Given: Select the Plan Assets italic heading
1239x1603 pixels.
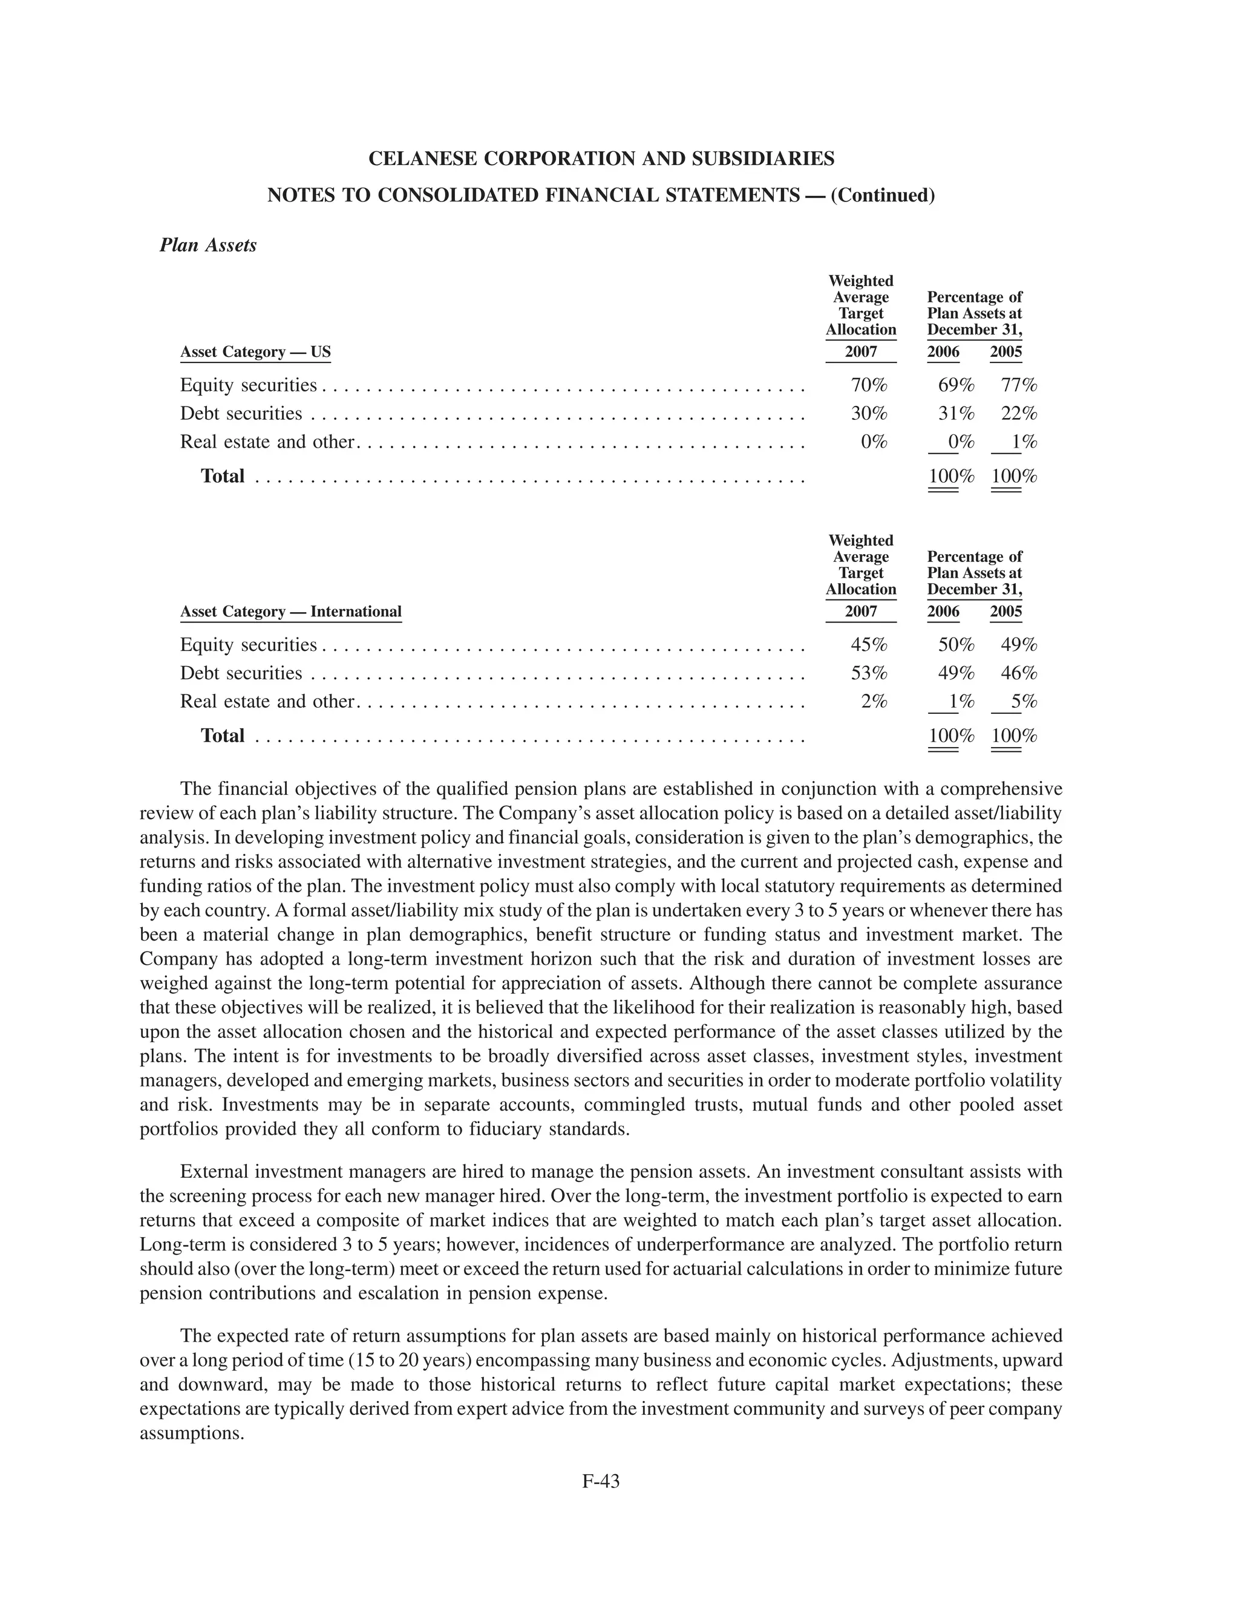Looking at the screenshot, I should [208, 245].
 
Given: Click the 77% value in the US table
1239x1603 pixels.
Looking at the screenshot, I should [1019, 385].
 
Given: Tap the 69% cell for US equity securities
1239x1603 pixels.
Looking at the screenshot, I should [956, 385].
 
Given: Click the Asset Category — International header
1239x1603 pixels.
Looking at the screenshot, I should [290, 612].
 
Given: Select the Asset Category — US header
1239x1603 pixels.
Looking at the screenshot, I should [255, 351].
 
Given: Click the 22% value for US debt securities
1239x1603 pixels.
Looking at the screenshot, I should [1019, 413].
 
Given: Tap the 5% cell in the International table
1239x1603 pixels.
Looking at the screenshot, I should [1023, 702].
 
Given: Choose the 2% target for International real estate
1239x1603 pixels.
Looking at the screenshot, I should [874, 702].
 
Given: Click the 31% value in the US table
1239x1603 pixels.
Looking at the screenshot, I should [956, 413].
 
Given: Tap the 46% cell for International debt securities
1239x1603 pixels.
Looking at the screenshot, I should [1019, 673].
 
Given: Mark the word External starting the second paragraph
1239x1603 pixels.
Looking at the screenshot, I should [213, 1172].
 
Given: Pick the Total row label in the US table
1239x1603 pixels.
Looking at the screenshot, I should [223, 476].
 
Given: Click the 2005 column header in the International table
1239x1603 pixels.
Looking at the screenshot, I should [1005, 612].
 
